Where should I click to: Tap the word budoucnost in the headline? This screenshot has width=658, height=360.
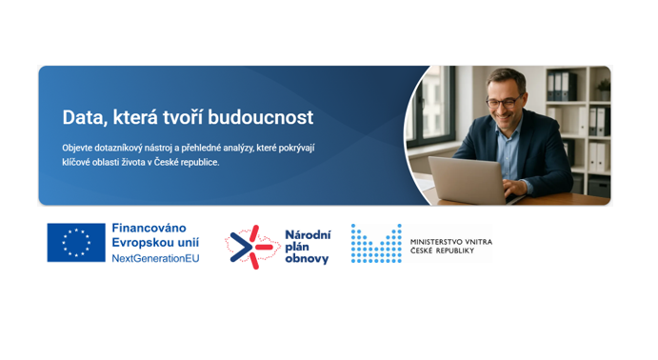click(261, 117)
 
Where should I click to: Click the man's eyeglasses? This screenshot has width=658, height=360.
click(504, 102)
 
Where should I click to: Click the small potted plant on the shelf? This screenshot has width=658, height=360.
click(604, 90)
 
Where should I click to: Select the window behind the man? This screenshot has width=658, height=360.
click(431, 107)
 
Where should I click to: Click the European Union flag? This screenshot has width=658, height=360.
click(76, 243)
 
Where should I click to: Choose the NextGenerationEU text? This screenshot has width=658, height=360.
click(155, 258)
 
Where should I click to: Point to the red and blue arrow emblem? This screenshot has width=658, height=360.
click(251, 247)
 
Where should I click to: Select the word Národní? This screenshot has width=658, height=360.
click(308, 235)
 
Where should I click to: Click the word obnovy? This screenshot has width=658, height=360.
click(307, 259)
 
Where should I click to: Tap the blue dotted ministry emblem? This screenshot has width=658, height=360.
click(376, 244)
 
